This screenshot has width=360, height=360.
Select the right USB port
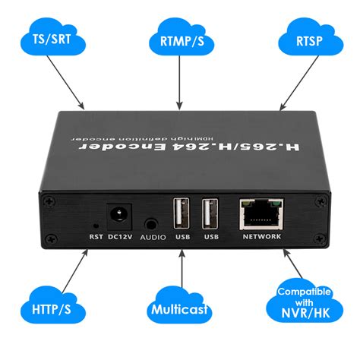click(210, 214)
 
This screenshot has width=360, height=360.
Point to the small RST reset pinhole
click(94, 226)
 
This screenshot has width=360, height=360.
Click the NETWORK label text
click(261, 237)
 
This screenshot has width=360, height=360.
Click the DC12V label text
click(120, 237)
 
